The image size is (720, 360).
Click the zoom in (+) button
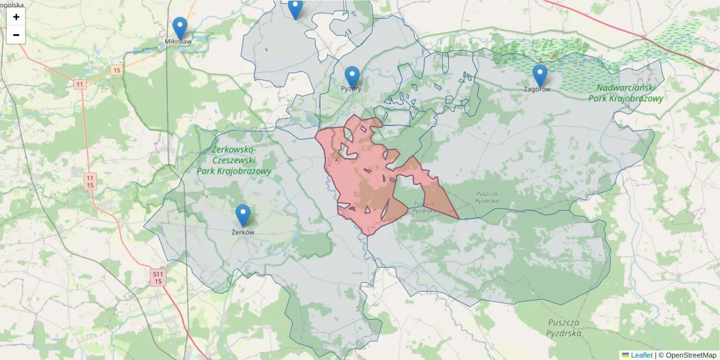pyautogui.click(x=16, y=17)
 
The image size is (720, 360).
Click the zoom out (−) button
pyautogui.click(x=16, y=35)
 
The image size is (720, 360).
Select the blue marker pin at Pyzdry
pyautogui.click(x=352, y=77)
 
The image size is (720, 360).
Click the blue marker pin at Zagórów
pyautogui.click(x=540, y=76)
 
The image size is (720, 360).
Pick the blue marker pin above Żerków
pyautogui.click(x=242, y=215)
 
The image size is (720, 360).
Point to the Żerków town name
pyautogui.click(x=243, y=232)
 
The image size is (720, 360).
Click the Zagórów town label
pyautogui.click(x=537, y=89)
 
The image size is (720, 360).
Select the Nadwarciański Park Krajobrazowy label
pyautogui.click(x=629, y=93)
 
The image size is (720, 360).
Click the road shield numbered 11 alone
pyautogui.click(x=80, y=84)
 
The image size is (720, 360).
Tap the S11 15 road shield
pyautogui.click(x=158, y=277)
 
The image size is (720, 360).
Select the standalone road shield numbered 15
pyautogui.click(x=116, y=70)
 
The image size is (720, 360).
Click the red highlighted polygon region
pyautogui.click(x=360, y=180)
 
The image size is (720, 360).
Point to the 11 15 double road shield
pyautogui.click(x=90, y=181)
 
